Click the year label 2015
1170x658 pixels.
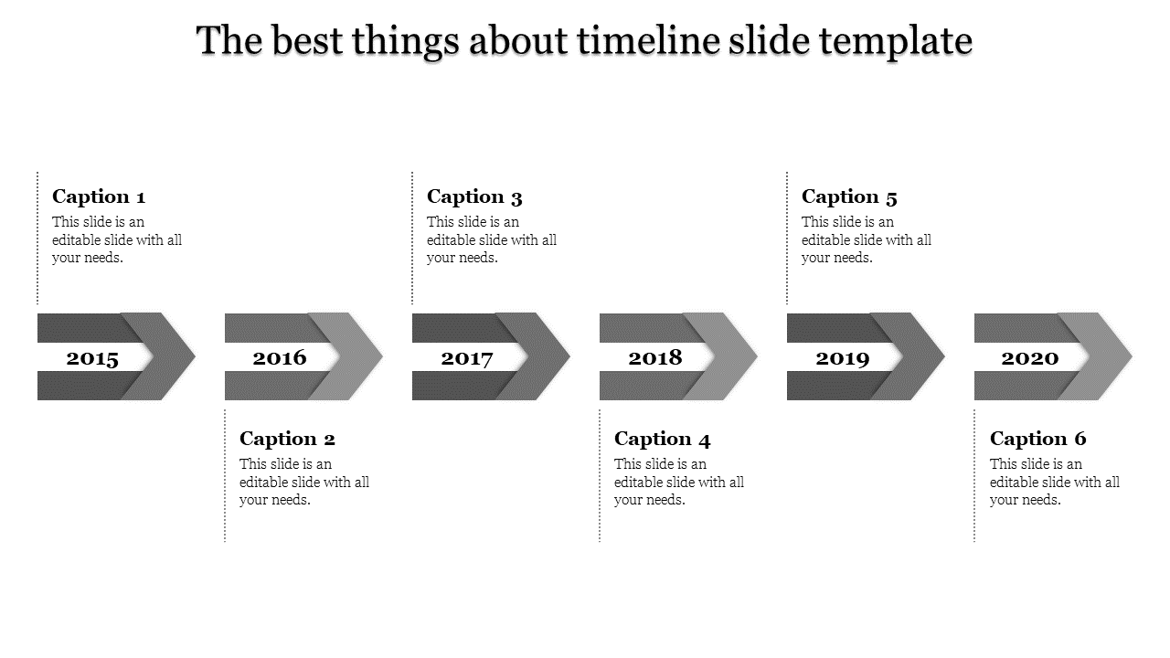point(92,358)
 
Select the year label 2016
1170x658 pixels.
point(280,357)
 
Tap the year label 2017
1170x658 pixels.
point(466,358)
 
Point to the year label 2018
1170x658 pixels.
point(655,357)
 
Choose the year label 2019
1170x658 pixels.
point(843,358)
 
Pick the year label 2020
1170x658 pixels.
point(1030,358)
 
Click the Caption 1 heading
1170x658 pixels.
point(99,196)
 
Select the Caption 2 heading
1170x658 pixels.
point(287,440)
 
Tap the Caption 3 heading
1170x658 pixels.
point(474,196)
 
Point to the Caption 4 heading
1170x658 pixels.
point(663,440)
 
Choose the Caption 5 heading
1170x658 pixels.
point(849,196)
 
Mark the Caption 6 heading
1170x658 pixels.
point(1037,440)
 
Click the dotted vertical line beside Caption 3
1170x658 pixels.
point(412,238)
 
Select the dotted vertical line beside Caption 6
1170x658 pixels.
point(974,476)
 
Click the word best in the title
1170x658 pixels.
point(308,40)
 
